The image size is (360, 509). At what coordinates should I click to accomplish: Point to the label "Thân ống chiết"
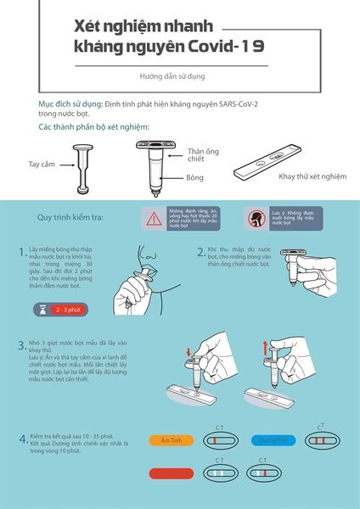(202, 155)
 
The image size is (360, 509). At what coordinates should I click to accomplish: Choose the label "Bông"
(194, 178)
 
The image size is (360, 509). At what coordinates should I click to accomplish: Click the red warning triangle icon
(153, 219)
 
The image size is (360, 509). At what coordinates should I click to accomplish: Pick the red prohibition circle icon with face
(253, 218)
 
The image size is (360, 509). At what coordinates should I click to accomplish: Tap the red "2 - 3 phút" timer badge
(66, 310)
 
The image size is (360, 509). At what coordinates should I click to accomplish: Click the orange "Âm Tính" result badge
(166, 440)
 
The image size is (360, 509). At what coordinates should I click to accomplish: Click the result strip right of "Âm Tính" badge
(223, 441)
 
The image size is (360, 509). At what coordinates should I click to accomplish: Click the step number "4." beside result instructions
(23, 439)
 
